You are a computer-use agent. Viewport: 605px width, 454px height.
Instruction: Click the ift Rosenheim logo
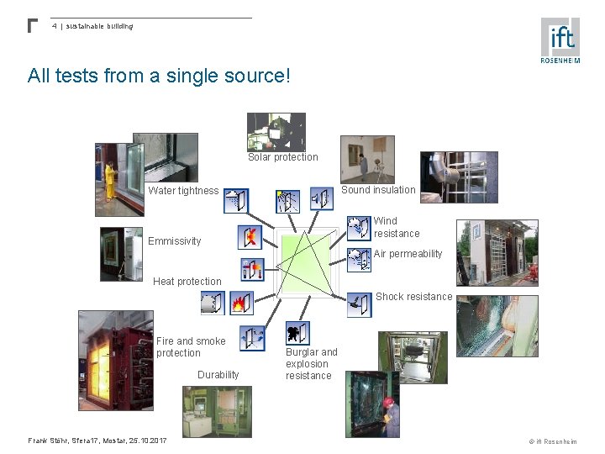560,40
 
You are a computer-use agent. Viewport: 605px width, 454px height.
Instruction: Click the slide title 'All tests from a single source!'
159,77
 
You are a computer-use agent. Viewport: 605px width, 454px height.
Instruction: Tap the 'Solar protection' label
283,157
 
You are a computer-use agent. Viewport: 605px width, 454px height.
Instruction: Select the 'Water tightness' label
183,191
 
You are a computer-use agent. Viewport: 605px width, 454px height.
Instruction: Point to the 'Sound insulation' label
378,190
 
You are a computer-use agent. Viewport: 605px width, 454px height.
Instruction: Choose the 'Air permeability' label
408,254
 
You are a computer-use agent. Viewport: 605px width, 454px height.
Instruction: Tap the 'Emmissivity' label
175,241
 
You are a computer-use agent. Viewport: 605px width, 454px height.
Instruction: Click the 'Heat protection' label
187,282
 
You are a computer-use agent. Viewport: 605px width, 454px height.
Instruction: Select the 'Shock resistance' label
413,297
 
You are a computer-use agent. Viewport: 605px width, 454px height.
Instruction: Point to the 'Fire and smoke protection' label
191,347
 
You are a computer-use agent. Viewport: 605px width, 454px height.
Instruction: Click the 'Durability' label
218,375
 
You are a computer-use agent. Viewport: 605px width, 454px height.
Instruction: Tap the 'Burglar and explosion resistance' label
311,364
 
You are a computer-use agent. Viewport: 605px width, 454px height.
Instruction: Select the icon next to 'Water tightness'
236,200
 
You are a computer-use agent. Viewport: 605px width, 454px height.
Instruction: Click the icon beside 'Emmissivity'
250,237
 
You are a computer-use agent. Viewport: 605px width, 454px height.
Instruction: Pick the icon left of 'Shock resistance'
359,304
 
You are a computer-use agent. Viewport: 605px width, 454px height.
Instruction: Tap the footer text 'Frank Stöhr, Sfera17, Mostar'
97,441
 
